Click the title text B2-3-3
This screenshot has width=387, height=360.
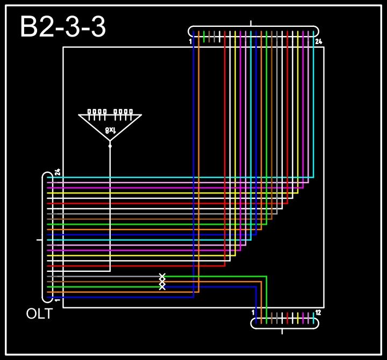[62, 27]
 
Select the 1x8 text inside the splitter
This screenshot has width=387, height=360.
[110, 130]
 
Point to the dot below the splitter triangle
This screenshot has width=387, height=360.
[110, 146]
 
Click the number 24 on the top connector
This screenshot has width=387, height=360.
[318, 41]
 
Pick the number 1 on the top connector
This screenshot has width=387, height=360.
[190, 41]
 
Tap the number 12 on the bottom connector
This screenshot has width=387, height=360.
[318, 312]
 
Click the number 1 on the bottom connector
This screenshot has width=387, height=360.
[253, 312]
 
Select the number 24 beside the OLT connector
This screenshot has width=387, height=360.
[58, 172]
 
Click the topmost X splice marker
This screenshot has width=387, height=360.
[162, 276]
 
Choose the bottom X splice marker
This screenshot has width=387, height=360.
[162, 287]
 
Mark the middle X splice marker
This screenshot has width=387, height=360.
[162, 282]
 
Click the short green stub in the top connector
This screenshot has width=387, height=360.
[204, 37]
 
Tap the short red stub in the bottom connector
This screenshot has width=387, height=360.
[288, 318]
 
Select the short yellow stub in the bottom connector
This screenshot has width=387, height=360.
[298, 318]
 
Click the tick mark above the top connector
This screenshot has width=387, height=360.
[251, 23]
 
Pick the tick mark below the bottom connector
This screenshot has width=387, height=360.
[282, 331]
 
